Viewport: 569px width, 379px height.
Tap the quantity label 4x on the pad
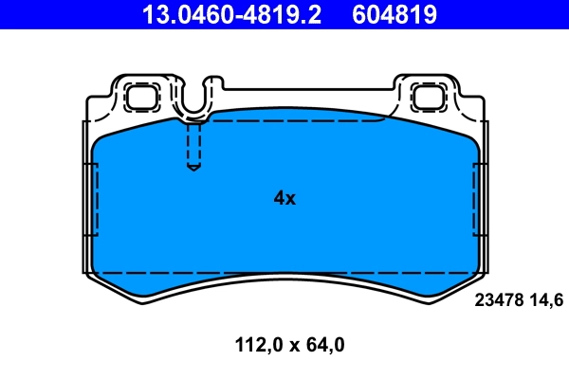284,198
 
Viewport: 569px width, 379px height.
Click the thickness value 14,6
549,300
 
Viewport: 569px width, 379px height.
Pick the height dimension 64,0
324,345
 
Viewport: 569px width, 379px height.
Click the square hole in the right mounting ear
426,95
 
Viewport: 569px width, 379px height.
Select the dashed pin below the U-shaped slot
193,145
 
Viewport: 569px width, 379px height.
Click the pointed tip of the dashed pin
193,169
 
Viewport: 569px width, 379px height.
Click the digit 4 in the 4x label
279,198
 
